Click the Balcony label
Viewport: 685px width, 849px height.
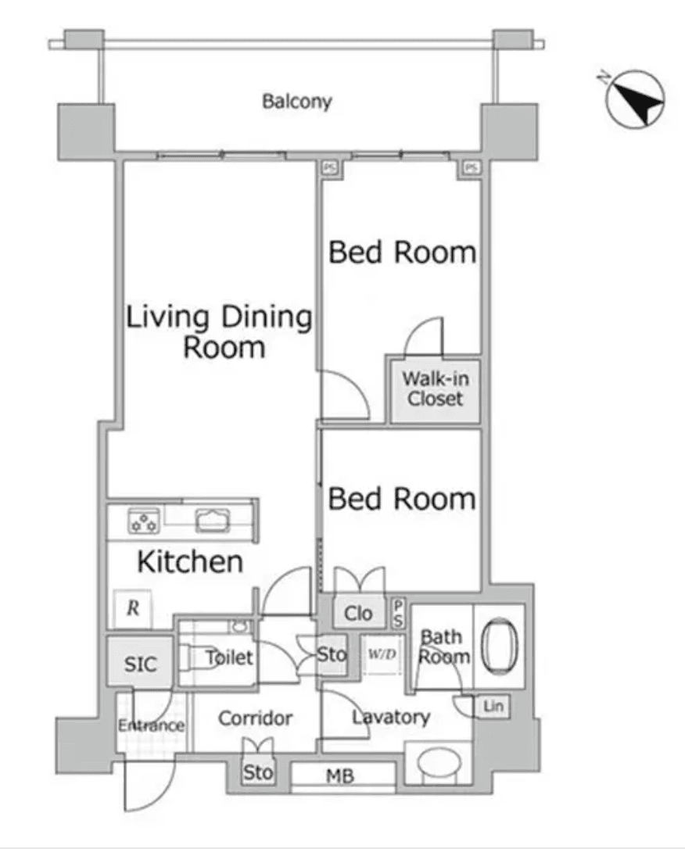[296, 102]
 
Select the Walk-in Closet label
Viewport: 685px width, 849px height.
[436, 389]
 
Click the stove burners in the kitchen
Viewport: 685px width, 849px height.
[144, 521]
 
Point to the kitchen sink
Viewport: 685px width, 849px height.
[212, 521]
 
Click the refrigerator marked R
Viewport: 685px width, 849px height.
[133, 608]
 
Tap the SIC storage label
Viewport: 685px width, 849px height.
[140, 664]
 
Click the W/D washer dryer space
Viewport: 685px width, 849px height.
[382, 654]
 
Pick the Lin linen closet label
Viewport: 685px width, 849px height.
[493, 706]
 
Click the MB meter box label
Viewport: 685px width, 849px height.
[340, 776]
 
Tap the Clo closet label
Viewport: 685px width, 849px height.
[358, 614]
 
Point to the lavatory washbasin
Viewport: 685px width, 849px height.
[439, 764]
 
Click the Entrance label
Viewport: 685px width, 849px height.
[152, 725]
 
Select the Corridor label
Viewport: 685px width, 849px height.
[255, 718]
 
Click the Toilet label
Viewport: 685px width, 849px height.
[229, 657]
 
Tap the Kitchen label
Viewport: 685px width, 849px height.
[190, 561]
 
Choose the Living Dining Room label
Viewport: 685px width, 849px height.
[219, 331]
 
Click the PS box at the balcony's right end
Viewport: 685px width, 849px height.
[471, 168]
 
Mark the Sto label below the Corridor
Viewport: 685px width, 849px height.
[258, 772]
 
